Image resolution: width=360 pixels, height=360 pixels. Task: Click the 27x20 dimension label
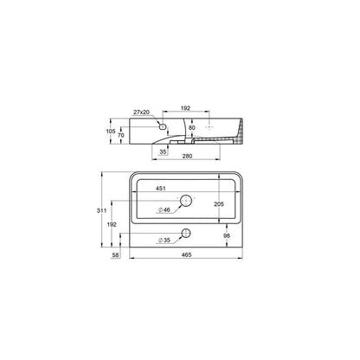[141, 112]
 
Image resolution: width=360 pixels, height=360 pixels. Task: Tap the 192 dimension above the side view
[185, 108]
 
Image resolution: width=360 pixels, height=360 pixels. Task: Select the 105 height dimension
[111, 132]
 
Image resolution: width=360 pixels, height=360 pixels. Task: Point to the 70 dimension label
[121, 135]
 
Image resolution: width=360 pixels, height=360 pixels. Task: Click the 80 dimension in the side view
[192, 127]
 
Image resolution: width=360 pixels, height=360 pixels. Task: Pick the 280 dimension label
[187, 156]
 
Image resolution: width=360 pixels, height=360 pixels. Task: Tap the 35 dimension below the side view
[163, 151]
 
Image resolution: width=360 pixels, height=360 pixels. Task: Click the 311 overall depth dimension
[101, 210]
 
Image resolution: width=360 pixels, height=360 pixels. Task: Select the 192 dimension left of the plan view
[112, 224]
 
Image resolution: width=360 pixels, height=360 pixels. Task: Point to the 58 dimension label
[115, 255]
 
